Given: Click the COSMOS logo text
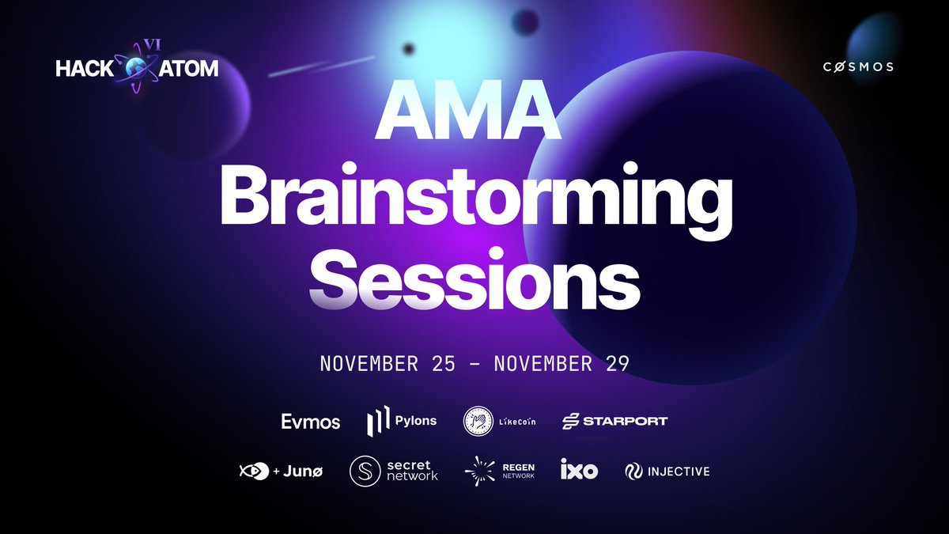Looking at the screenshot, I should point(857,66).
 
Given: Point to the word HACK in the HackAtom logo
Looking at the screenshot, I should point(84,69).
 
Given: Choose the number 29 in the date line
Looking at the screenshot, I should point(614,365).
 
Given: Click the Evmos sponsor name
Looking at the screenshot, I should point(310,422).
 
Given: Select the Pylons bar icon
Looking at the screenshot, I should point(377,422).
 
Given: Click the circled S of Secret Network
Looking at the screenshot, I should point(365,472).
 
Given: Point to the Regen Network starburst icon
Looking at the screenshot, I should point(480,472).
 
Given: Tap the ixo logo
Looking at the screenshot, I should point(579,472).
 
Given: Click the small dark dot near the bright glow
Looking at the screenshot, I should point(409,48).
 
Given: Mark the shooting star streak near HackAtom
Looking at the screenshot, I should point(320,66).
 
